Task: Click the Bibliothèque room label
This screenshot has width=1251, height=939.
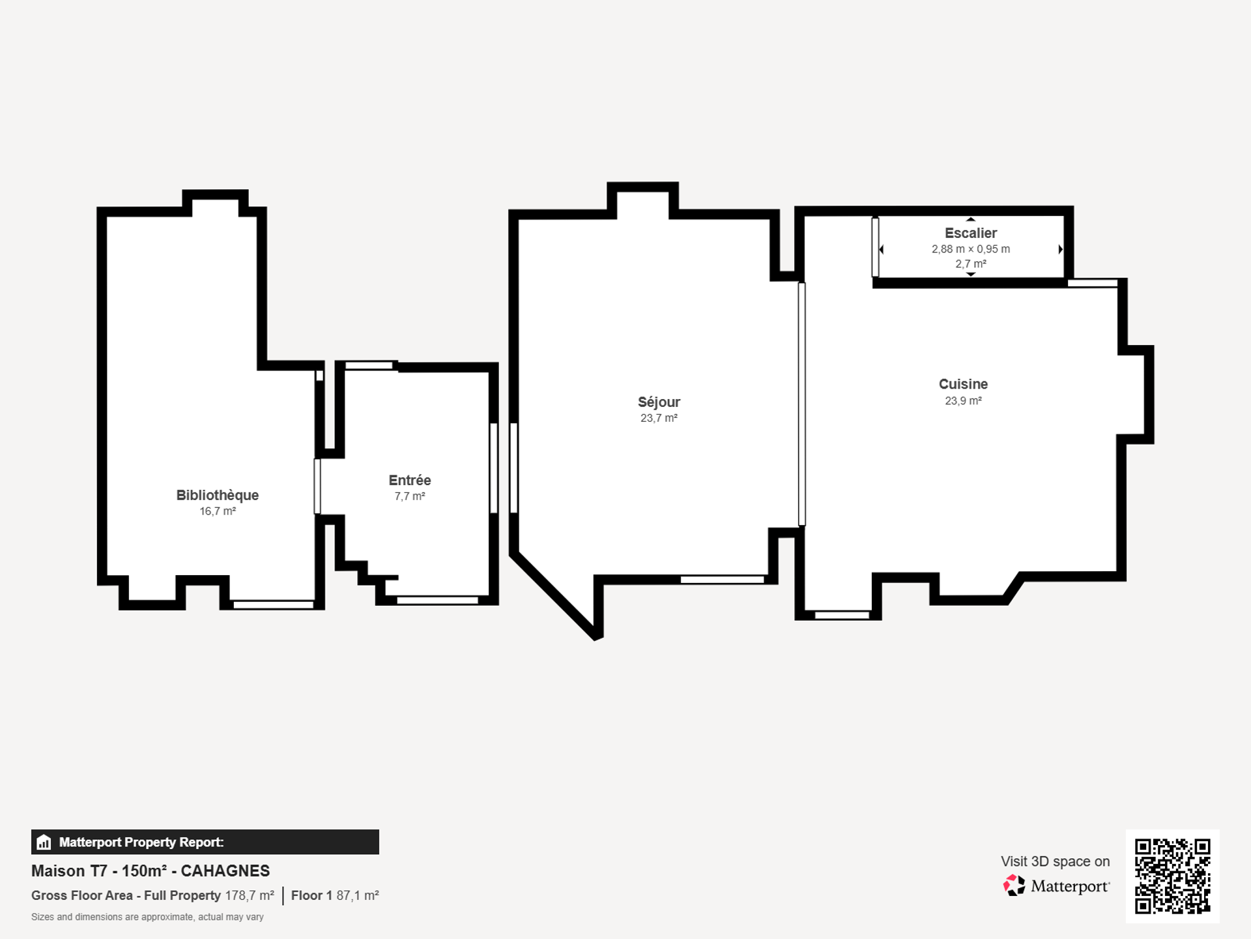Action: (x=217, y=495)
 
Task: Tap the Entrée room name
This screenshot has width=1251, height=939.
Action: (x=410, y=480)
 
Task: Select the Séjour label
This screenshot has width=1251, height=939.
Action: (x=659, y=402)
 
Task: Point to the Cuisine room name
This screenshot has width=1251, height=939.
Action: (x=963, y=384)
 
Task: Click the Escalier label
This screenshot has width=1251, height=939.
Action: (x=971, y=233)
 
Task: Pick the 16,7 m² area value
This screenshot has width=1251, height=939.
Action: (x=218, y=511)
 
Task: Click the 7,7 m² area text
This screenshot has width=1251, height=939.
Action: (x=410, y=496)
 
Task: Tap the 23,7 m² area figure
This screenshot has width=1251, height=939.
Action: (x=659, y=418)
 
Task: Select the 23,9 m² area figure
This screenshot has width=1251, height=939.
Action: (x=963, y=400)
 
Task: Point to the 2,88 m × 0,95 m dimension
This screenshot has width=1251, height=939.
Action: (x=971, y=249)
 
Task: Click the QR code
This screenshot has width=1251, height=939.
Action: (x=1172, y=876)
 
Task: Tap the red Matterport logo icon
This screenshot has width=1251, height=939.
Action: (x=1014, y=885)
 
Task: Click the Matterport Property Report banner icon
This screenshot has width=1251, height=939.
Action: (x=44, y=842)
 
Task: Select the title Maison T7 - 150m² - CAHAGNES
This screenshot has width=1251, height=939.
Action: (x=151, y=871)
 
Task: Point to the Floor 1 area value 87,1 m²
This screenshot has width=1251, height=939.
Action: (x=357, y=895)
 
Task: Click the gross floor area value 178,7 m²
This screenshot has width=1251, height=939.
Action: (x=250, y=895)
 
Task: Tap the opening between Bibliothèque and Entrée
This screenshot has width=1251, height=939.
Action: (x=317, y=486)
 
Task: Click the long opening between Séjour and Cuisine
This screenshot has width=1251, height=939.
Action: (x=801, y=404)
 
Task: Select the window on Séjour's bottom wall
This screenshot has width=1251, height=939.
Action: (x=722, y=580)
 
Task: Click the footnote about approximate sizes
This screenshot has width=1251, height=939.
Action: (x=147, y=917)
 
